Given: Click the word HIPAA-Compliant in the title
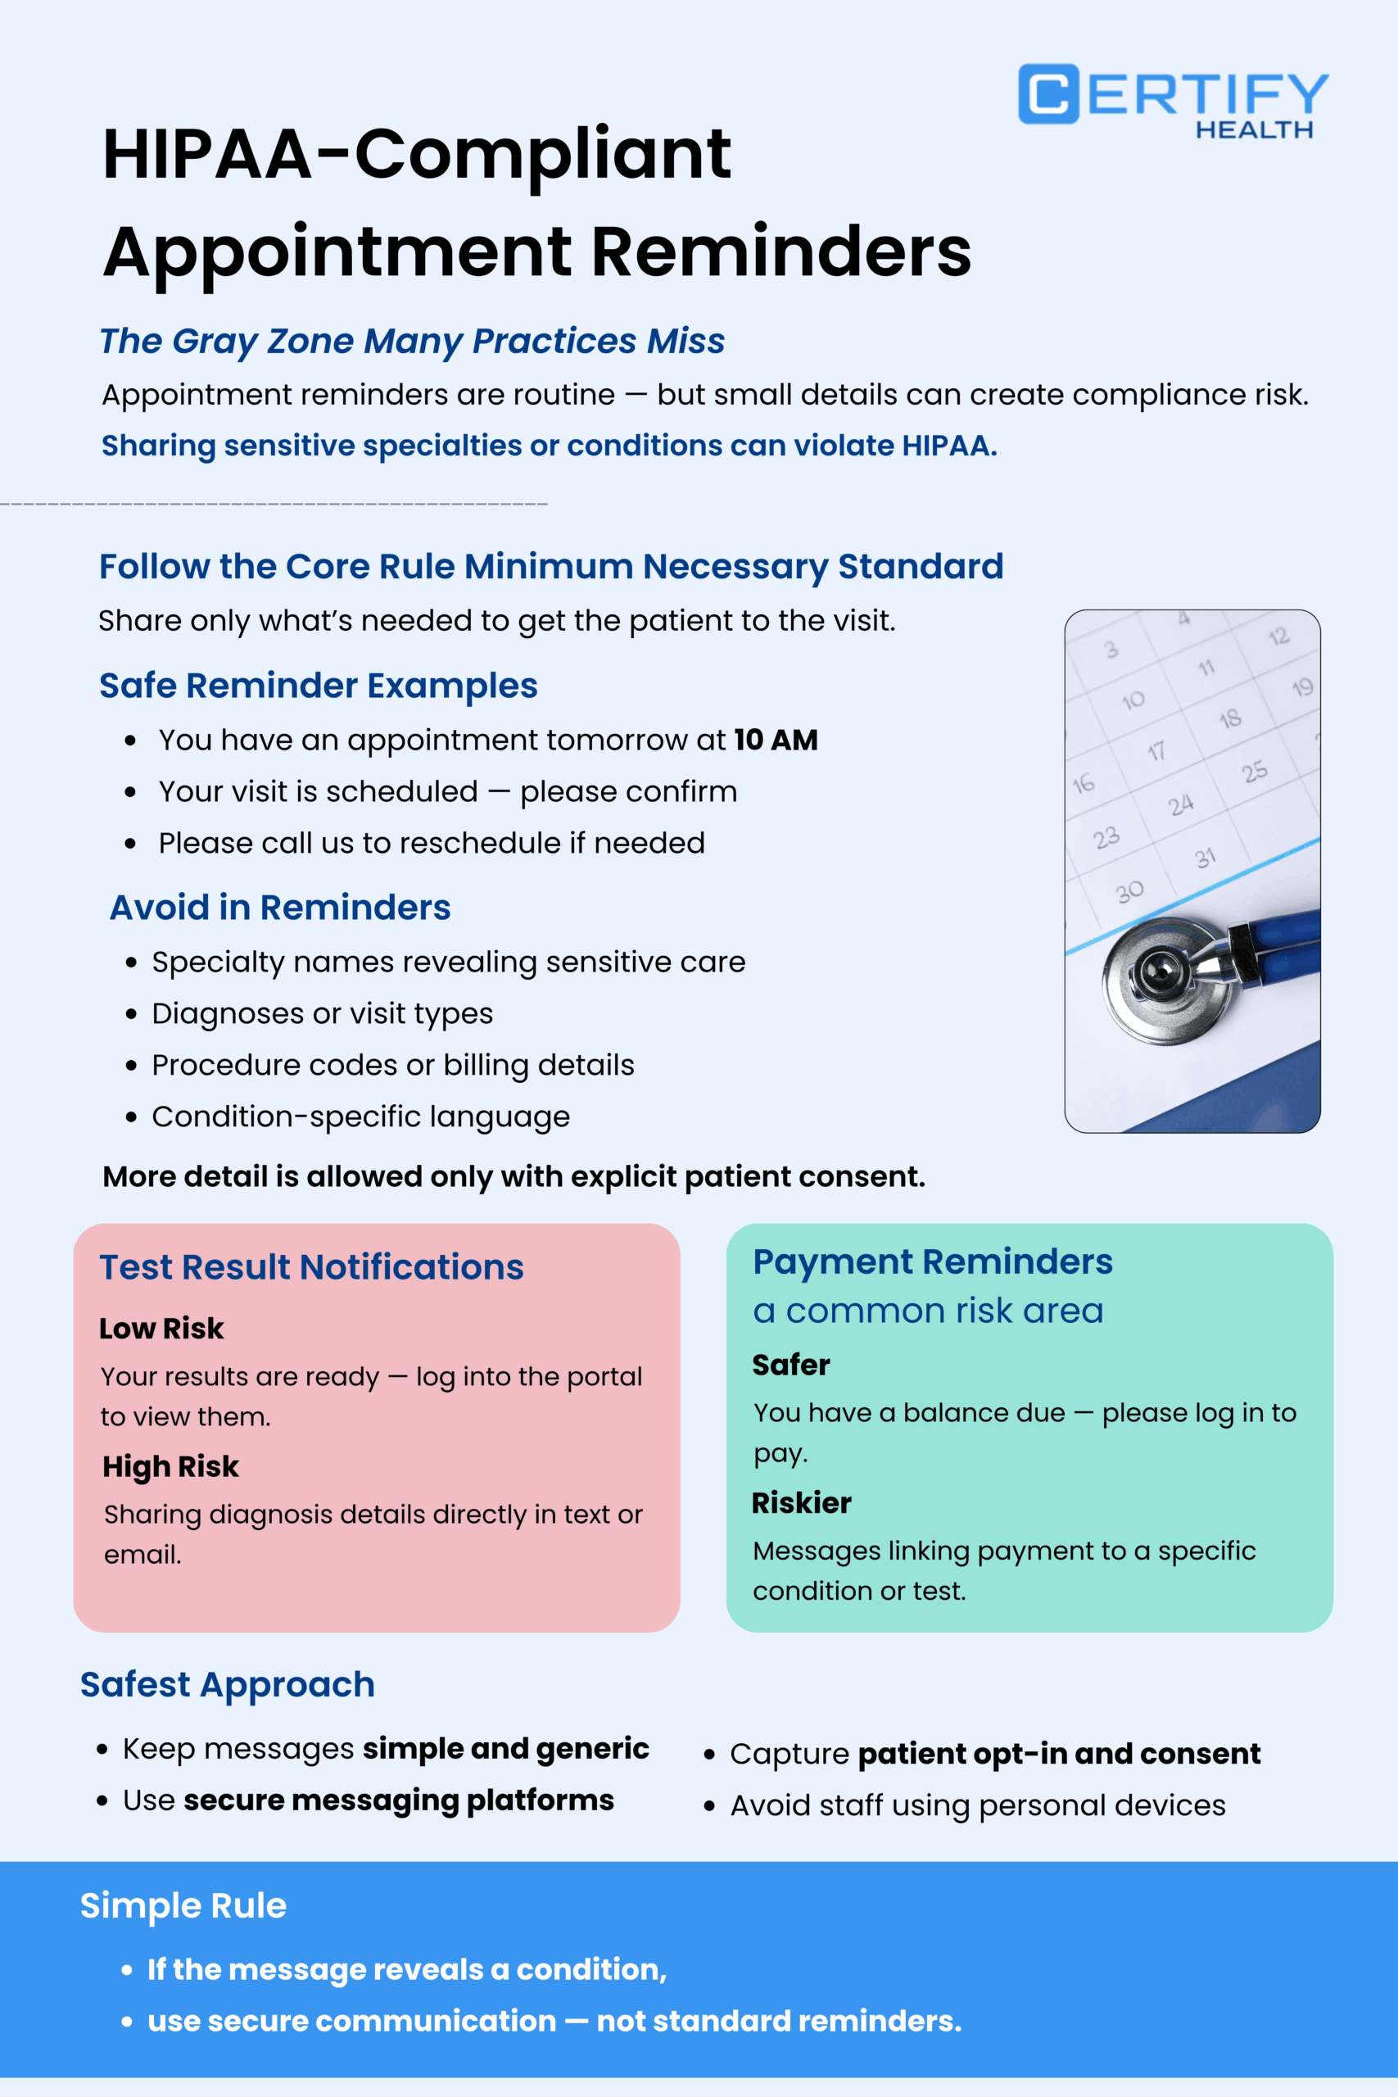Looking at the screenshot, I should coord(416,154).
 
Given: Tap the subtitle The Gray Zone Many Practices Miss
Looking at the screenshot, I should coord(412,341).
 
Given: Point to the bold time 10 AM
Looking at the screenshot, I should coord(775,740).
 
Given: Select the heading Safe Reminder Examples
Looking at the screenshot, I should coord(319,686).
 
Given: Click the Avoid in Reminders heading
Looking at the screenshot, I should coord(280,908).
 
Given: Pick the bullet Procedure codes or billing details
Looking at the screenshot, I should coord(392,1065).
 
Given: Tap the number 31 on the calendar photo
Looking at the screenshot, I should coord(1205,858).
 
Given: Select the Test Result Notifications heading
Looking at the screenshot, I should coord(311,1267).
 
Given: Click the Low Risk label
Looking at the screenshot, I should coord(161,1329).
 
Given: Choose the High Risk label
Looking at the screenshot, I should coord(170,1466).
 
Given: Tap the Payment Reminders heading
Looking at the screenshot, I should coord(932,1261).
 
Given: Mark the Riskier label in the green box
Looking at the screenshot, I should coord(801,1503).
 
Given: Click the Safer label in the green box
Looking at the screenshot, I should coord(790,1365).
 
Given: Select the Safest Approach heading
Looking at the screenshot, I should coord(228,1685).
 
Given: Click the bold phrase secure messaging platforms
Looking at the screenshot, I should coord(399,1800).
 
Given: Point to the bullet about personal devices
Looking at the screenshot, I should coord(977,1805).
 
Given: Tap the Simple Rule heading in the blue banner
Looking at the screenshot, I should coord(183,1905).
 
